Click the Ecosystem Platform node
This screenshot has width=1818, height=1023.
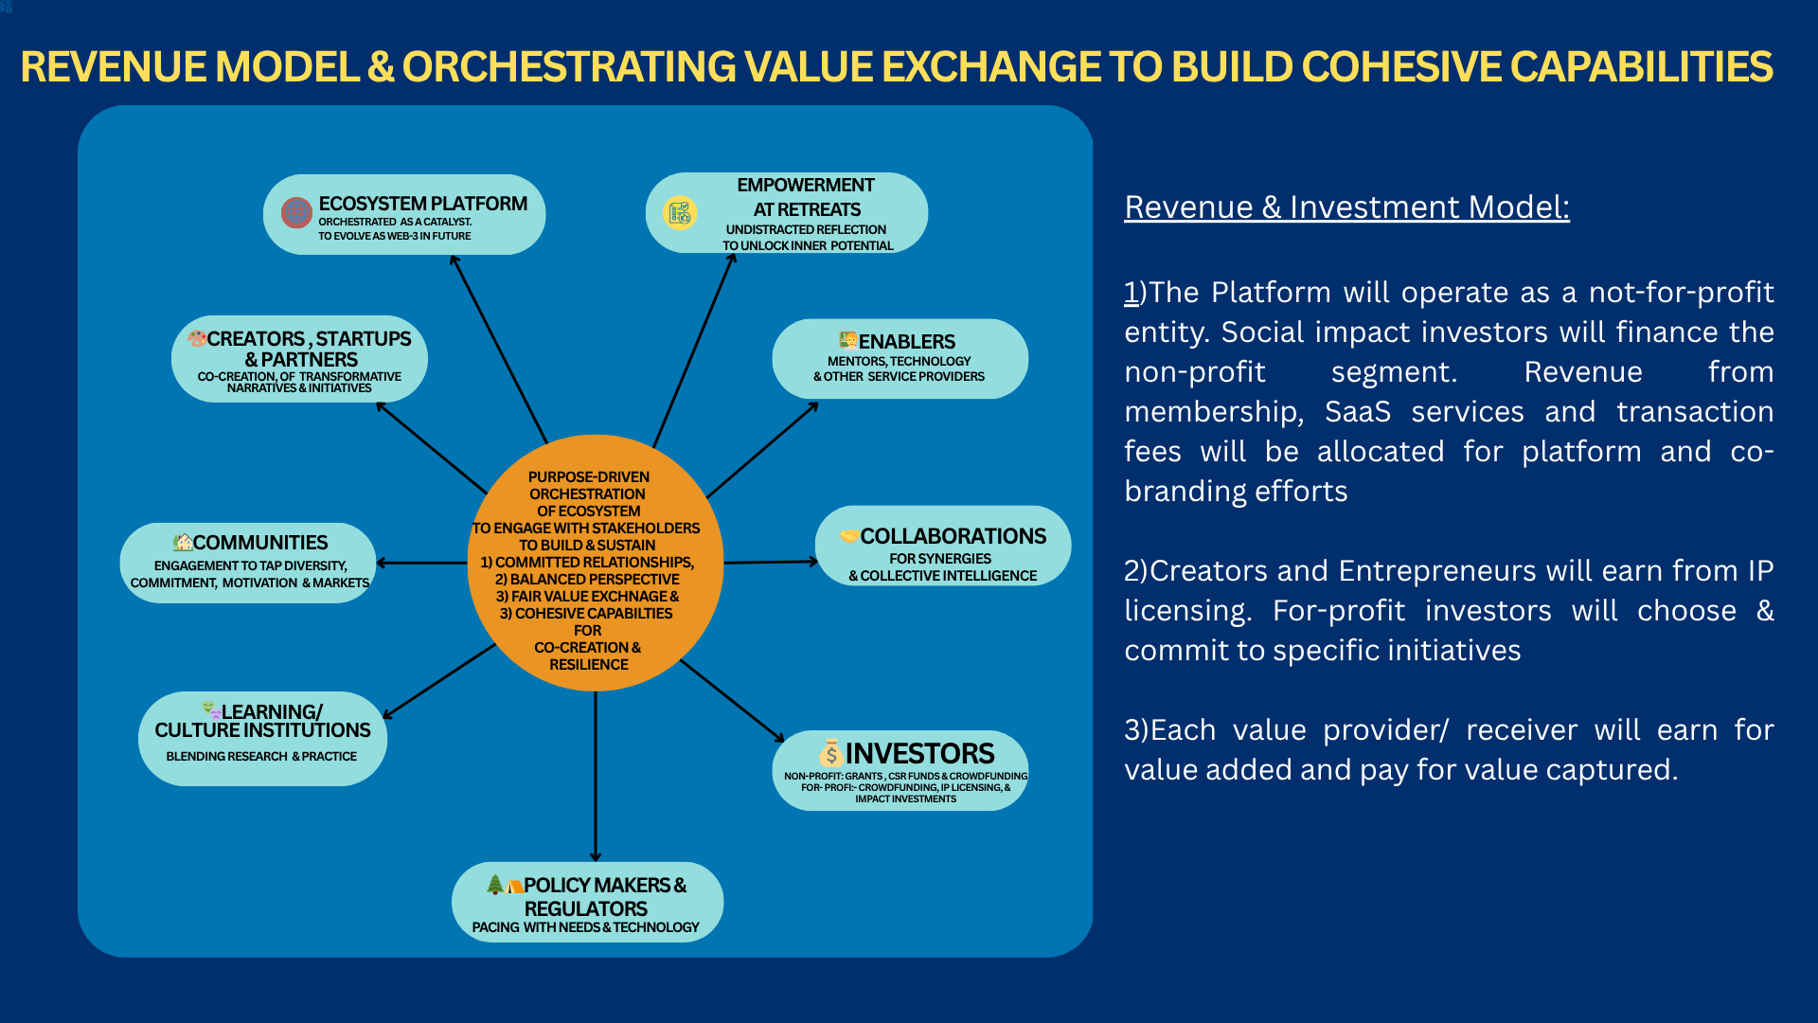click(404, 215)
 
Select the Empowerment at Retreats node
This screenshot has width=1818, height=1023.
click(787, 213)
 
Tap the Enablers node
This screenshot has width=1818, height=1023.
click(900, 359)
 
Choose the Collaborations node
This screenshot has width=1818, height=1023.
click(943, 547)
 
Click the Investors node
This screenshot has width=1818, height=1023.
click(900, 770)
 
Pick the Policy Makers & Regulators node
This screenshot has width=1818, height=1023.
click(587, 902)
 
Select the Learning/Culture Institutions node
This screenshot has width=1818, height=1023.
click(262, 738)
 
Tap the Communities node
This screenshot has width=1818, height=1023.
click(248, 563)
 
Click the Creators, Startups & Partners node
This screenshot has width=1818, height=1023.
click(299, 359)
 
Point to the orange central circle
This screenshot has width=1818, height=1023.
click(595, 563)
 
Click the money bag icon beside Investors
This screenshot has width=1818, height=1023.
click(830, 753)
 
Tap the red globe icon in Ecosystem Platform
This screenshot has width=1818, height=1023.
click(296, 212)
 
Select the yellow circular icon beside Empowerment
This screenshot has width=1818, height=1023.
click(680, 212)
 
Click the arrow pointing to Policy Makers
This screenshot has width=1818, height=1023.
click(596, 777)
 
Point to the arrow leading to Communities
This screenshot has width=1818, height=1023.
click(421, 563)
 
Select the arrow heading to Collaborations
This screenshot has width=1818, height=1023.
click(770, 562)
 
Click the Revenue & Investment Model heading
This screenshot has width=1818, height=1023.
click(1346, 206)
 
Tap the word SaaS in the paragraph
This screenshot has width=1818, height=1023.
click(1357, 412)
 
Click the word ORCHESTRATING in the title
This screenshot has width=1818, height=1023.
click(569, 66)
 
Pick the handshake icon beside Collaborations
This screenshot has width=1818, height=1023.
click(848, 536)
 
